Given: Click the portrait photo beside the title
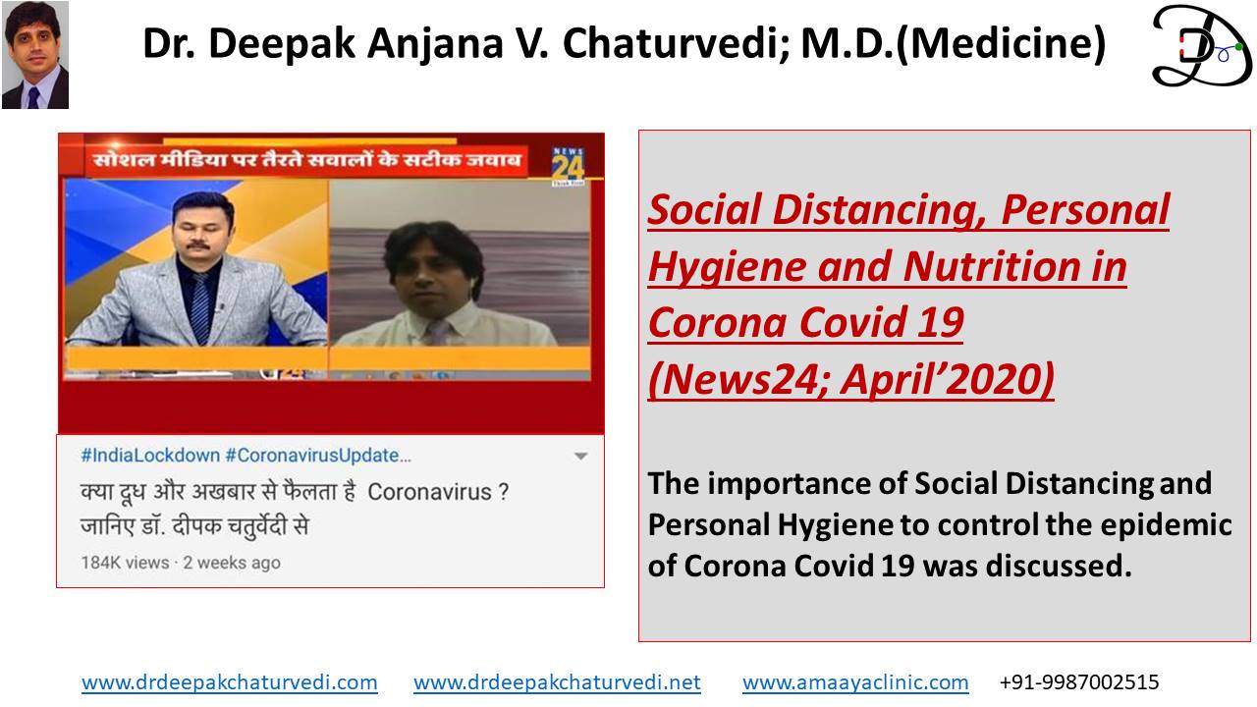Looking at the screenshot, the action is [35, 54].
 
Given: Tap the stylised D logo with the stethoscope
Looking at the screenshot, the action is [1201, 46].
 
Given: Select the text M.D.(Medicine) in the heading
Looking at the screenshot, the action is [954, 43].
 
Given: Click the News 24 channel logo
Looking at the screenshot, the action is [568, 166].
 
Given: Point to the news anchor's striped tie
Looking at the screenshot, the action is [200, 307].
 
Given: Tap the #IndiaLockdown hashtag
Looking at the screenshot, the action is [150, 455].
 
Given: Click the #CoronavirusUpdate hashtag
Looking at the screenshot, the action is [318, 455].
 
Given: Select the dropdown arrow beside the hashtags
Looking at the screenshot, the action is [580, 457].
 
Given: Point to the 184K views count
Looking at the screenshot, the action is [125, 563].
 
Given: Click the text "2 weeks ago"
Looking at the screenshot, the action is [232, 563].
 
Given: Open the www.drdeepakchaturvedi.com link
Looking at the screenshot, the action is [230, 682].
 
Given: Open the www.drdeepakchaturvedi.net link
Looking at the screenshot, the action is [557, 682].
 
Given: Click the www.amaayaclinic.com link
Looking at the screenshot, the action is [855, 682].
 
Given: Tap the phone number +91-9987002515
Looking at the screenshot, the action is [1079, 682].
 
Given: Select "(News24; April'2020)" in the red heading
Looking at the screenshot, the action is [851, 380].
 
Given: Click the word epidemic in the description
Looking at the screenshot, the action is [1166, 525].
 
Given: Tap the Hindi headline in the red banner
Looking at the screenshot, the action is [307, 160].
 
